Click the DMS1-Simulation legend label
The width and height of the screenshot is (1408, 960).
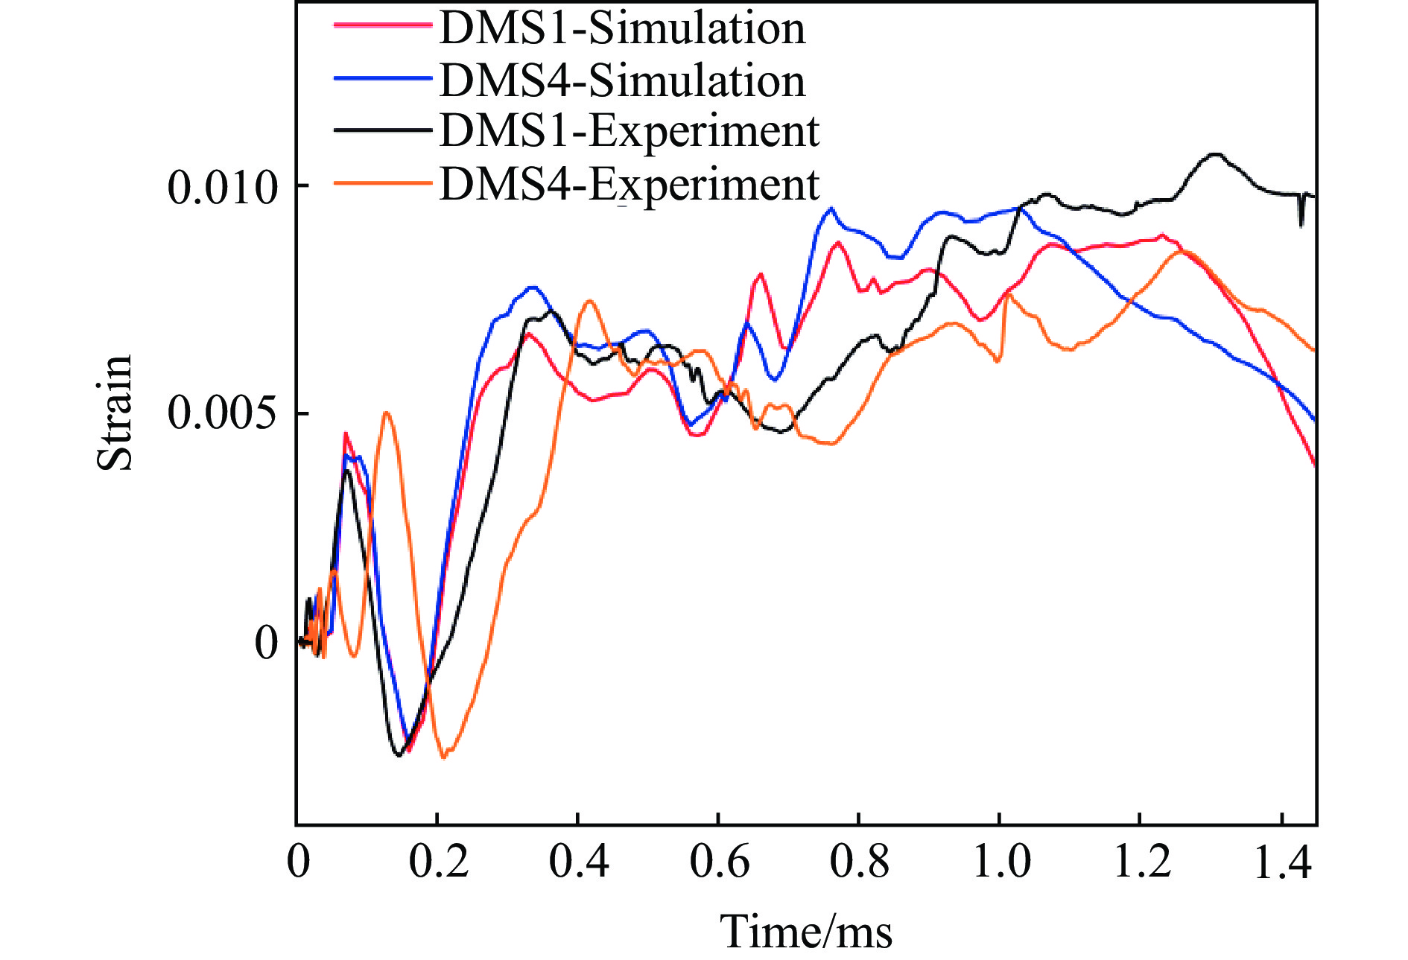(623, 28)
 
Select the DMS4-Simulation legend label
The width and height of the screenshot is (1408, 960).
(623, 80)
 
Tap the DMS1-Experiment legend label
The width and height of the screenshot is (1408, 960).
(630, 132)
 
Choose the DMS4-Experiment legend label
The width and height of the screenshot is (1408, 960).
(630, 185)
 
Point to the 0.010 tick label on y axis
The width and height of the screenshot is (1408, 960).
(222, 186)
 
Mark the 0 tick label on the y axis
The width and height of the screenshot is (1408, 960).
(266, 642)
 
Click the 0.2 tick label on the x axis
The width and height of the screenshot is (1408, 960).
(439, 862)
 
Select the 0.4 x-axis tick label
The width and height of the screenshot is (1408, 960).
(579, 862)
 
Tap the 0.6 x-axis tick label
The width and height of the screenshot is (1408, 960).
(719, 862)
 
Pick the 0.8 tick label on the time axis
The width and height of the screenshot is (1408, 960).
(859, 862)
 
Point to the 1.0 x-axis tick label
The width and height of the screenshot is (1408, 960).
(1001, 862)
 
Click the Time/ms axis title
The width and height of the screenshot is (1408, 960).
(805, 931)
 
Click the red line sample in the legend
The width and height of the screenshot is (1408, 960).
(382, 25)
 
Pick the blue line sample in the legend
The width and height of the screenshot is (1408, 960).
(382, 78)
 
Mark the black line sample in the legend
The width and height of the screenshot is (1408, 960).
(382, 130)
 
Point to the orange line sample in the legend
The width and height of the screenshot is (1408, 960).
(382, 182)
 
